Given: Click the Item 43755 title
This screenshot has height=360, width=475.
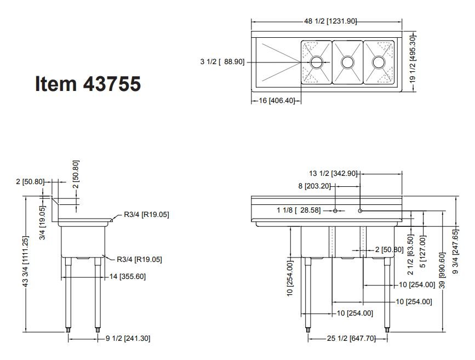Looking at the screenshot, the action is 88,83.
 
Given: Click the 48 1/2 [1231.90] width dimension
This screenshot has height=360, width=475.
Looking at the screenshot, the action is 330,21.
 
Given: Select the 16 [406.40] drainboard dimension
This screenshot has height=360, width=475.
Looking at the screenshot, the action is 277,100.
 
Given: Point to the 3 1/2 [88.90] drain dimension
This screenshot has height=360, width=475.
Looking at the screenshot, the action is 222,62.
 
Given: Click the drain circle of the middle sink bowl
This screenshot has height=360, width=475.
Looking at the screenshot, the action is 347,62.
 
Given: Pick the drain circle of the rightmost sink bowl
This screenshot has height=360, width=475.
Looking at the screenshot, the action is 379,62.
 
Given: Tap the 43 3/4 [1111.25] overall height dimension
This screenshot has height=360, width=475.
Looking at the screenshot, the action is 26,261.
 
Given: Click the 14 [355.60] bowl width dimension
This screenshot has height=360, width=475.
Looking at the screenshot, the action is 128,276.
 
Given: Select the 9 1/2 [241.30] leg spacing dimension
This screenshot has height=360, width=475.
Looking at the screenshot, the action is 128,338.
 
